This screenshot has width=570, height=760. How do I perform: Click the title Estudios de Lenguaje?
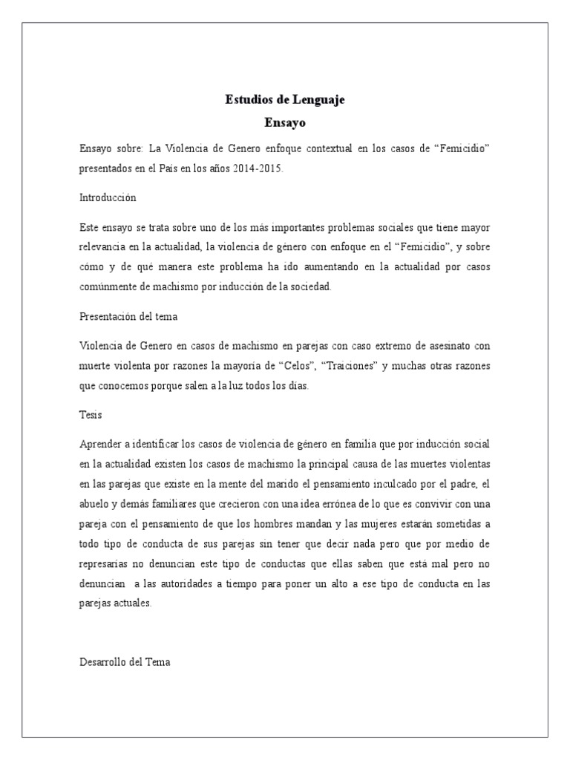tap(285, 99)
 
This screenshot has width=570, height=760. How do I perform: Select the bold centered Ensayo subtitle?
tap(285, 122)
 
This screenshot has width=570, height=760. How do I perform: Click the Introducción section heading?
tap(108, 198)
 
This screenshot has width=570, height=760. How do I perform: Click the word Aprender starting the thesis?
tap(100, 443)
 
